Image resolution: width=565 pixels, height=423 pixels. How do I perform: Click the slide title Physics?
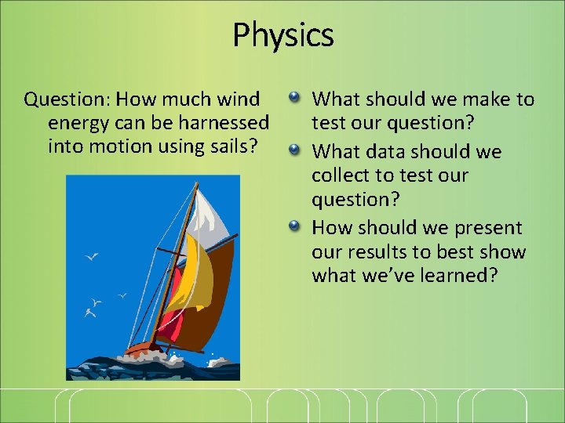282,35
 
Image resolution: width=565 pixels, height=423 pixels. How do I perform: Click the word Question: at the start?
67,99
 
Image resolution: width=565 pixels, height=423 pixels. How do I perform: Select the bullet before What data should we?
293,150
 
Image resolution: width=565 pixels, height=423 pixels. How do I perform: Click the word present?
487,228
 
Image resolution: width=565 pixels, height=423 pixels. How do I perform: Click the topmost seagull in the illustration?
92,256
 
